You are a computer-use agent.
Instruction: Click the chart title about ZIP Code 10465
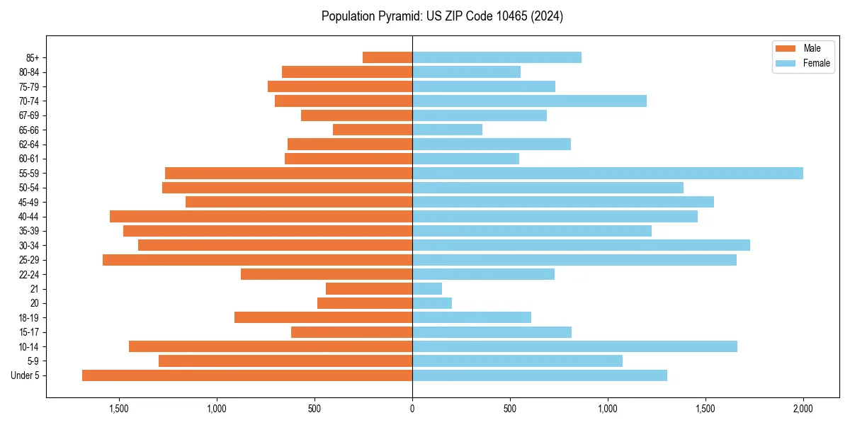tap(442, 16)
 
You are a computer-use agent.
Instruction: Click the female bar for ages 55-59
tap(607, 174)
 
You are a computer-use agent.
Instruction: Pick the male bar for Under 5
tap(247, 375)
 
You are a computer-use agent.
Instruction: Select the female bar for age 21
tap(427, 289)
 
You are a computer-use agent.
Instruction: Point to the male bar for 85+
tap(387, 57)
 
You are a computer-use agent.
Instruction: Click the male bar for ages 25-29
tap(257, 260)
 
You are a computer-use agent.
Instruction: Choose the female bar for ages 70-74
tap(529, 101)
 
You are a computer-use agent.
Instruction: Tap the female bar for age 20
tap(432, 303)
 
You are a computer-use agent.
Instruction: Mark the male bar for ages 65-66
tap(373, 130)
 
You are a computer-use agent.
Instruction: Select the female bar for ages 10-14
tap(574, 346)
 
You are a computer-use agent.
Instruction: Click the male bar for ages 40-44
tap(261, 217)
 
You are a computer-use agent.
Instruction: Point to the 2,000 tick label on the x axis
tap(803, 409)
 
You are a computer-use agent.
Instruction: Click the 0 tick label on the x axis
tap(412, 409)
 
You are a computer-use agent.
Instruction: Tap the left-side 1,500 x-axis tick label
tap(119, 409)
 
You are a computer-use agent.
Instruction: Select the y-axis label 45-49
tap(29, 203)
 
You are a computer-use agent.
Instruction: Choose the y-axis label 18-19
tap(29, 318)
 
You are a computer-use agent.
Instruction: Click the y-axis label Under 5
tap(25, 375)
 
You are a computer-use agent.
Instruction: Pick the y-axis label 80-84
tap(29, 72)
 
